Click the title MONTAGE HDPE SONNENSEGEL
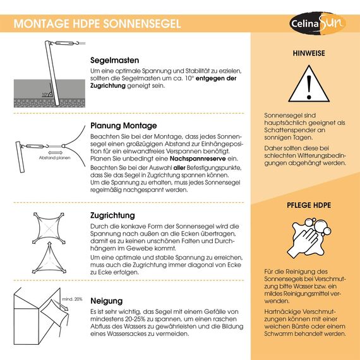click(97, 24)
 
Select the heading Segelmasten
click(117, 61)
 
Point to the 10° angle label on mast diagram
click(45, 94)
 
